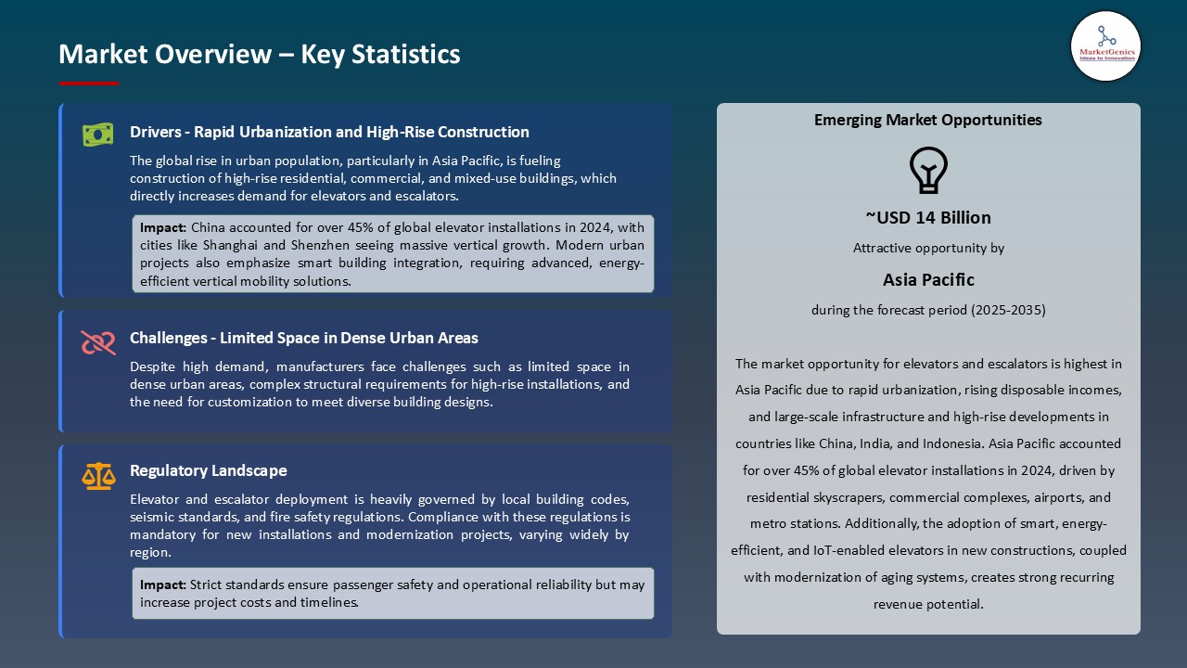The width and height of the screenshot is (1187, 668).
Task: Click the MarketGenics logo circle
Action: coord(1105,45)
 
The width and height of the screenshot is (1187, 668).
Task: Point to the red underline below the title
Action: coord(89,83)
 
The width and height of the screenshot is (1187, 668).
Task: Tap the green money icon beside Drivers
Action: coord(97,135)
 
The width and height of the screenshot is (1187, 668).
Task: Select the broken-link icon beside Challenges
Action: coord(97,342)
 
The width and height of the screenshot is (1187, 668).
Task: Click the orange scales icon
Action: coord(97,476)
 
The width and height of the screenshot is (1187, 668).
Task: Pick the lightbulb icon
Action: coord(927,170)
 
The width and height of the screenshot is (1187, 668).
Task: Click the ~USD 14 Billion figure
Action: coord(928,218)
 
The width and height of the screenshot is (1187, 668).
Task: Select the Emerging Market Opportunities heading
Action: coord(927,120)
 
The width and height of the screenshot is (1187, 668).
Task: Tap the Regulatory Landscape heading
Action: coord(208,470)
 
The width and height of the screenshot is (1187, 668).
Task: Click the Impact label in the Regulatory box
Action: coord(163,585)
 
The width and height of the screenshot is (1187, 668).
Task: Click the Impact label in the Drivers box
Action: coord(163,227)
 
